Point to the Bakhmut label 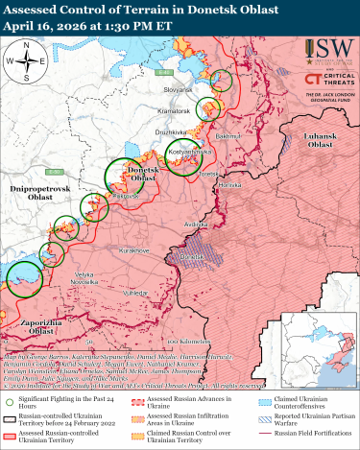tap(231, 137)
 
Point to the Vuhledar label tap(134, 290)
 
